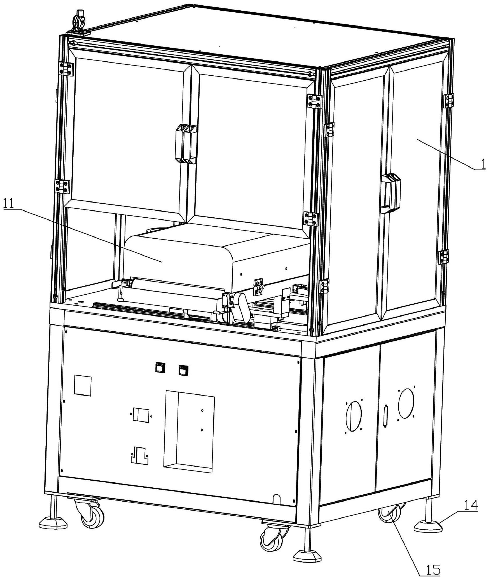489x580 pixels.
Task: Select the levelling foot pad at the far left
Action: tap(53, 522)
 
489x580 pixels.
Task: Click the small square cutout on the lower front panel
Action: tap(83, 385)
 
